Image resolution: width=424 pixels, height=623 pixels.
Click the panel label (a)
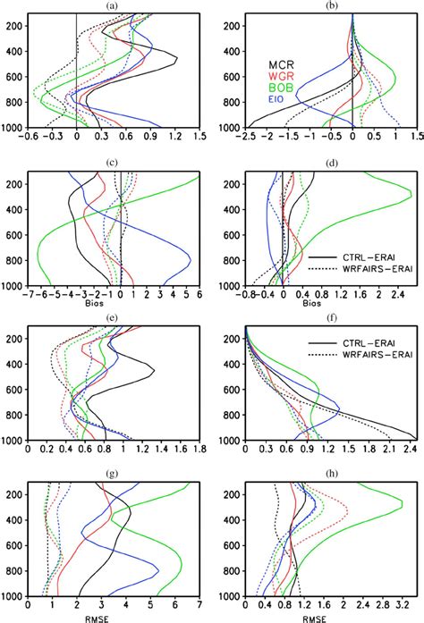tap(112, 5)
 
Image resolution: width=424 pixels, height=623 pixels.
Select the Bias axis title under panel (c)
tap(108, 303)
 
